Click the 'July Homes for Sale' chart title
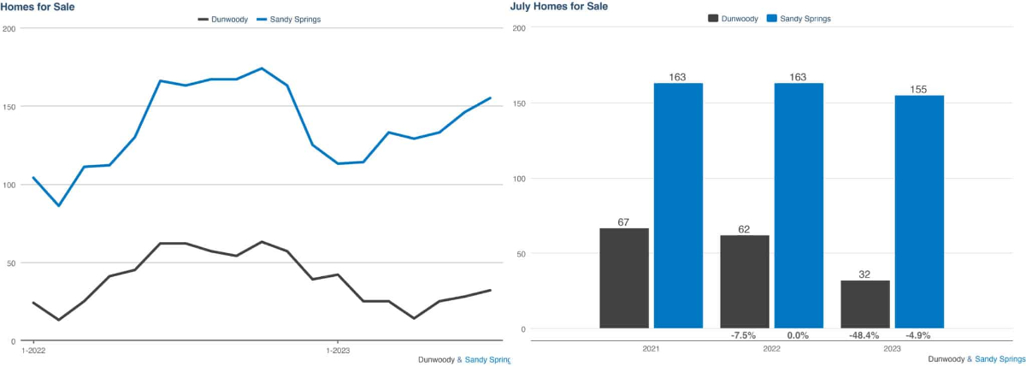[x=559, y=6]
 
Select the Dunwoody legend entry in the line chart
[x=221, y=19]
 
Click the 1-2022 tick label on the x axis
[x=33, y=350]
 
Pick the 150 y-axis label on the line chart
[x=9, y=107]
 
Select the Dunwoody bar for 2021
[x=623, y=278]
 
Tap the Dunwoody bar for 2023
[x=865, y=304]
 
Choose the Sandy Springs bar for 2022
[x=799, y=205]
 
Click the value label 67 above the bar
[x=623, y=222]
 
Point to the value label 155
[x=919, y=89]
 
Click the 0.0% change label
[x=799, y=335]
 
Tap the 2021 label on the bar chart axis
[x=651, y=350]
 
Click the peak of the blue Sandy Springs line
[x=262, y=68]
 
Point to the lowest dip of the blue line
[x=58, y=205]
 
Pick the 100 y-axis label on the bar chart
[x=518, y=179]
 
